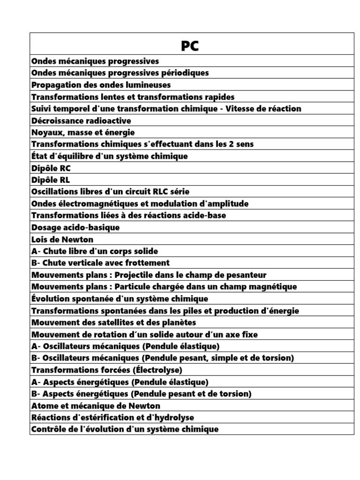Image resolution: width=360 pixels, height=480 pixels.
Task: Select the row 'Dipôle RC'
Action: tap(51, 168)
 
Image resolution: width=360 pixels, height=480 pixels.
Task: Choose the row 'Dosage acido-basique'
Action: tap(75, 227)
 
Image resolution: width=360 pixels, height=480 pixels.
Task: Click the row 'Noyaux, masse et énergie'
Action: tap(83, 133)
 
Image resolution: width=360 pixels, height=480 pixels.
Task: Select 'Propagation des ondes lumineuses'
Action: tap(101, 85)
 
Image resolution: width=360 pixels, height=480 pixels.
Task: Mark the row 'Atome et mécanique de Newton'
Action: tap(96, 405)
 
